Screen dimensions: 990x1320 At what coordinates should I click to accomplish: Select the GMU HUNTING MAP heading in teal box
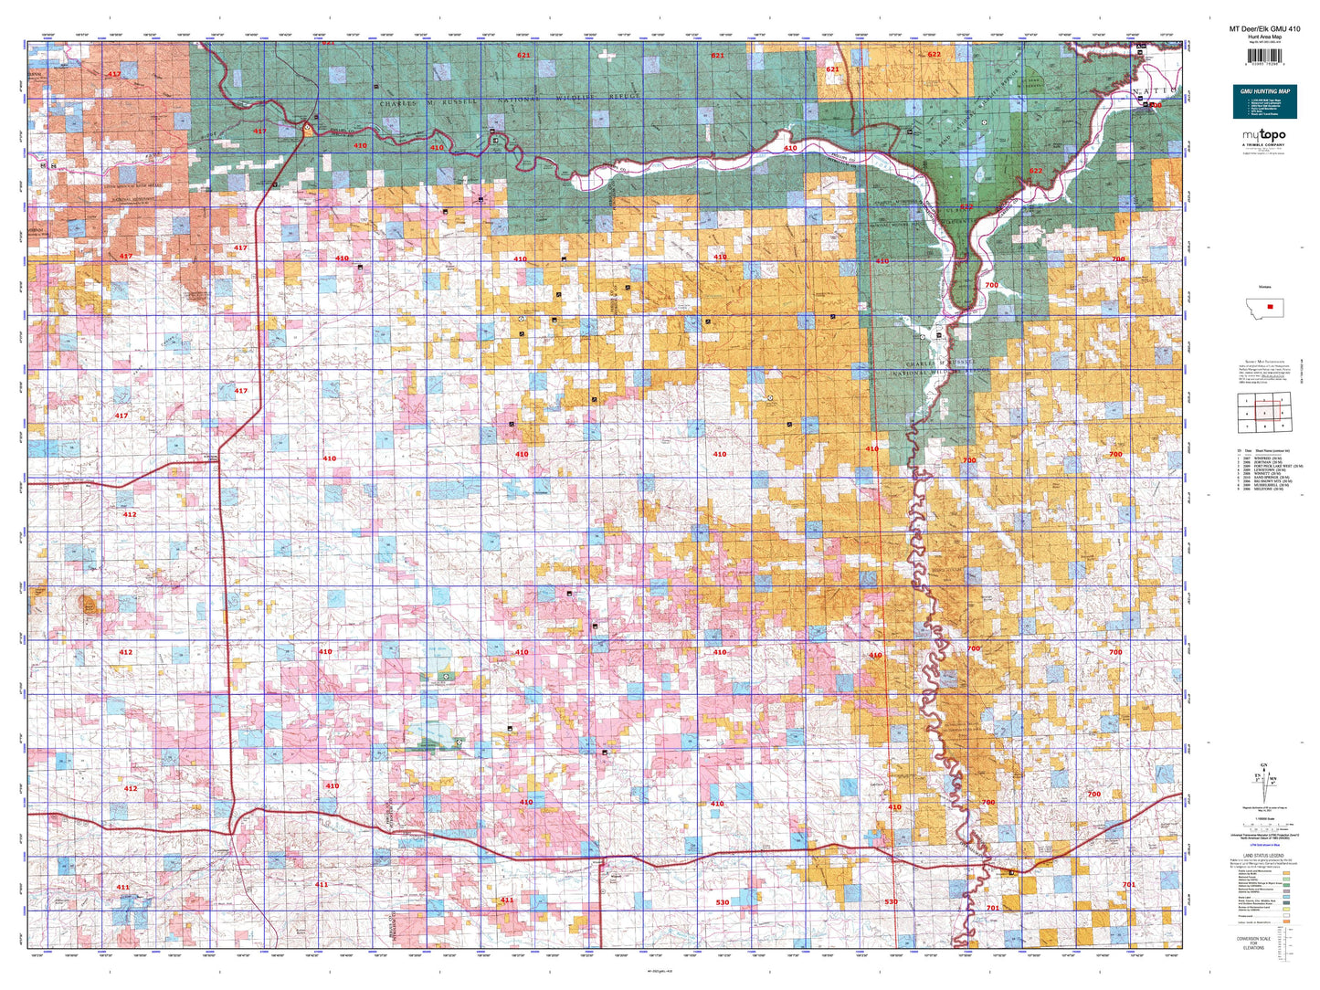click(1265, 91)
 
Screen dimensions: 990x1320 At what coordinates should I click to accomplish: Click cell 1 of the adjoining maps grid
click(1247, 401)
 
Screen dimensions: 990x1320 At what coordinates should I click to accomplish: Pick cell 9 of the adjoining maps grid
click(1283, 426)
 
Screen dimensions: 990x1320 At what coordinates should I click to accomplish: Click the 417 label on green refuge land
click(260, 132)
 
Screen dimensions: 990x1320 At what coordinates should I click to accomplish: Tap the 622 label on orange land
click(934, 55)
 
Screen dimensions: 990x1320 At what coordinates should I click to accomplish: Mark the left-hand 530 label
click(723, 902)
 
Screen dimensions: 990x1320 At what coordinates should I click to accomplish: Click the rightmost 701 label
click(1129, 884)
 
